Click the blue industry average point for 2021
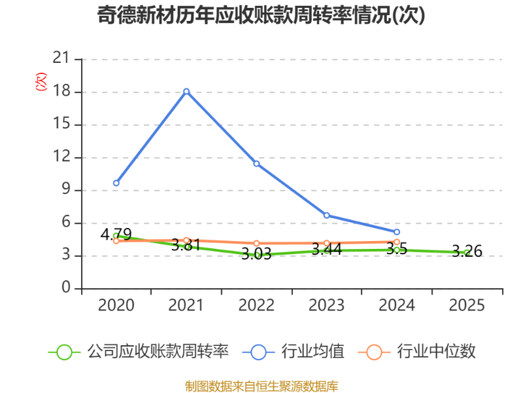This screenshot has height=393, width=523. pyautogui.click(x=186, y=91)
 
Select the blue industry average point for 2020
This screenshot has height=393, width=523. pyautogui.click(x=116, y=183)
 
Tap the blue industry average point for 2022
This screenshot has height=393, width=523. pyautogui.click(x=256, y=163)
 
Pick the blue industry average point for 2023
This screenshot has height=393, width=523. pyautogui.click(x=326, y=215)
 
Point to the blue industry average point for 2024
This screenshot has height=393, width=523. pyautogui.click(x=397, y=232)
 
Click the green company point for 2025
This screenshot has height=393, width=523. pyautogui.click(x=467, y=253)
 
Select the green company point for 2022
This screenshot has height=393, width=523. pyautogui.click(x=256, y=255)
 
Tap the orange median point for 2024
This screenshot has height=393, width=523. pyautogui.click(x=397, y=242)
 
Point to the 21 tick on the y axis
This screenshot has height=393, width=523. pyautogui.click(x=61, y=59)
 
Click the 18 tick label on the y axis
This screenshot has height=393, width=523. pyautogui.click(x=61, y=92)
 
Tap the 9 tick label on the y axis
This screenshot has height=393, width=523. pyautogui.click(x=65, y=190)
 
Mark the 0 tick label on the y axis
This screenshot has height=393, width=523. pyautogui.click(x=65, y=288)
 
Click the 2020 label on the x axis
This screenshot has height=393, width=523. pyautogui.click(x=116, y=306)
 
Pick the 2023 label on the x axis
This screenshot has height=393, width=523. pyautogui.click(x=326, y=306)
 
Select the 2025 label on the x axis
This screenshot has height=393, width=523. pyautogui.click(x=467, y=306)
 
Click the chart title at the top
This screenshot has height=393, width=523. pyautogui.click(x=261, y=15)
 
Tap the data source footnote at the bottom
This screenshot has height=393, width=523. pyautogui.click(x=261, y=386)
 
